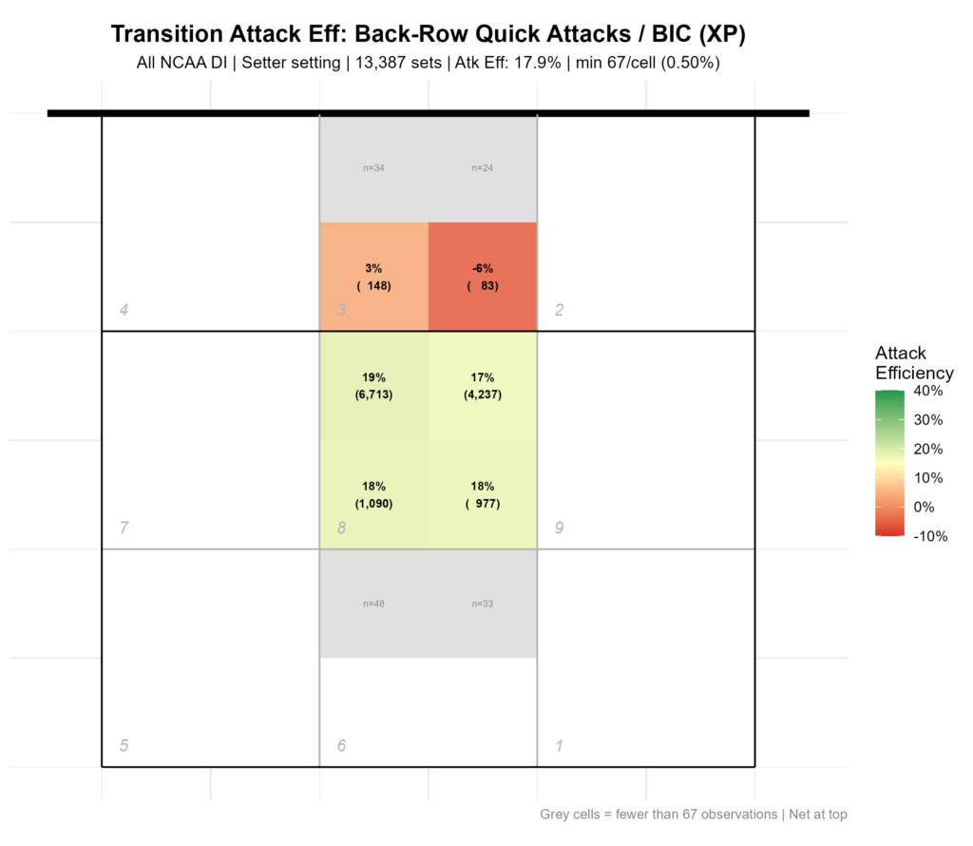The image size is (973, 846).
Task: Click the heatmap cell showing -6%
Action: (x=483, y=277)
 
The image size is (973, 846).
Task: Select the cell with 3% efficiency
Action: (x=374, y=277)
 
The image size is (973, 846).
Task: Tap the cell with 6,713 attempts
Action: (x=374, y=386)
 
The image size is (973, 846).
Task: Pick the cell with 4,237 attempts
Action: (x=483, y=386)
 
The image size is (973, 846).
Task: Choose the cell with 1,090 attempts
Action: (x=374, y=494)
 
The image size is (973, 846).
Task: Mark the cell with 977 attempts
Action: (x=483, y=494)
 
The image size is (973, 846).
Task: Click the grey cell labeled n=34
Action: (x=374, y=168)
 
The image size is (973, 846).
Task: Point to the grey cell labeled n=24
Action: (x=483, y=168)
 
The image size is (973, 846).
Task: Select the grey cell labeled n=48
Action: (x=374, y=604)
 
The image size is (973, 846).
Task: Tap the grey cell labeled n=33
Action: (x=483, y=604)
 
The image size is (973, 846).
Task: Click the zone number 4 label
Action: (x=124, y=310)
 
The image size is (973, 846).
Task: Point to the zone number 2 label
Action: (x=559, y=310)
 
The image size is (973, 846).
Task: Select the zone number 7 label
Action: (x=124, y=528)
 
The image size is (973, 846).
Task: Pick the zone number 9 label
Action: (x=559, y=528)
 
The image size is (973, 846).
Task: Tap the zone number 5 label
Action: (x=124, y=745)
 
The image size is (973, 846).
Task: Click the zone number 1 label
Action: (x=559, y=745)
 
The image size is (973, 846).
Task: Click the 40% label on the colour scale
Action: (x=928, y=391)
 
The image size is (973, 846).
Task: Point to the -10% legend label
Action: (x=931, y=536)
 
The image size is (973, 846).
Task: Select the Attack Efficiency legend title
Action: (x=915, y=363)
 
